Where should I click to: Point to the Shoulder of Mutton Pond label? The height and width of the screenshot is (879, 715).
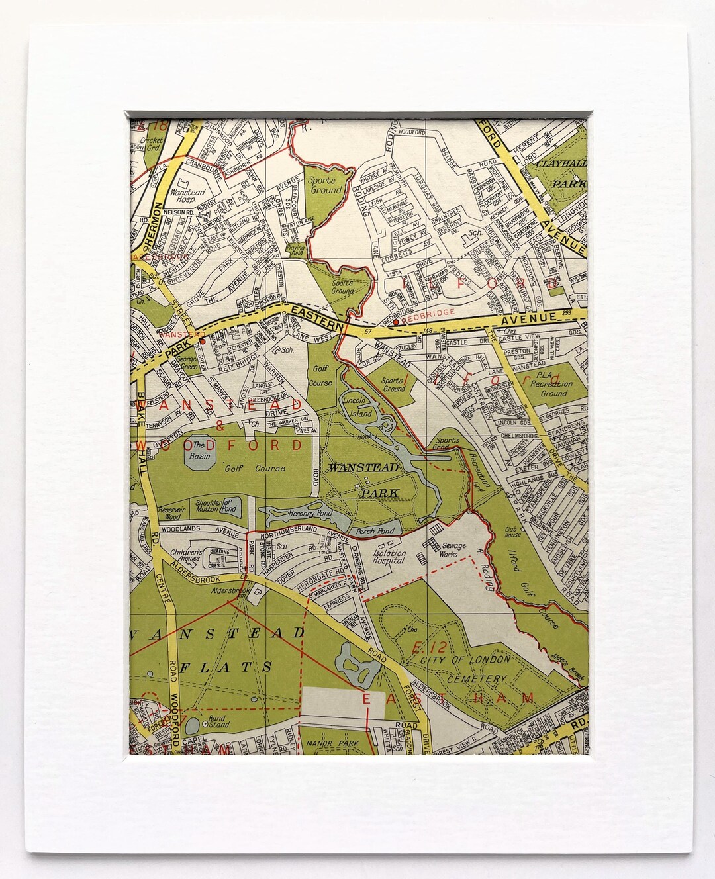[217, 506]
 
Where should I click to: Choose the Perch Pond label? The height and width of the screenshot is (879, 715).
[375, 531]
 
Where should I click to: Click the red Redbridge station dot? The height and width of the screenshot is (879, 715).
[395, 322]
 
